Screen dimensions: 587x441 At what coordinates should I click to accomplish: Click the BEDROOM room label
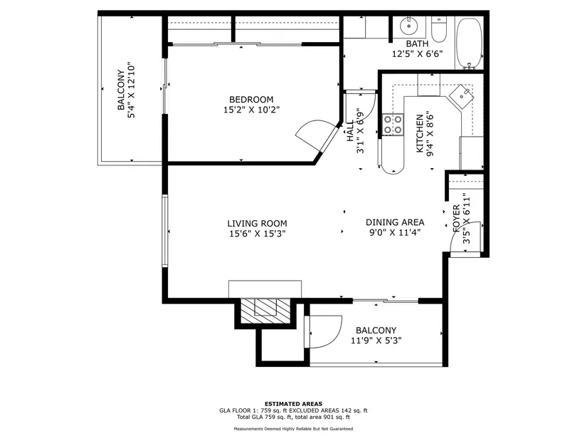(x=251, y=100)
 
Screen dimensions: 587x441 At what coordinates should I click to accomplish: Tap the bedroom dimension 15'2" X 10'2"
(x=252, y=110)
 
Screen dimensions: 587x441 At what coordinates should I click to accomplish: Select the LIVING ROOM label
(x=257, y=224)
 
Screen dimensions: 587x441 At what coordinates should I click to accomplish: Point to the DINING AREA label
(x=395, y=222)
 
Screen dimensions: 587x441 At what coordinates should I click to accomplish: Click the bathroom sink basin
(x=409, y=26)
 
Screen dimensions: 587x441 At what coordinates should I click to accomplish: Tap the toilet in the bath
(x=439, y=30)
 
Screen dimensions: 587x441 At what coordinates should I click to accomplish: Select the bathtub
(x=470, y=43)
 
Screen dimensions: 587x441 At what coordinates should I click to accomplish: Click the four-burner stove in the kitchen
(x=393, y=125)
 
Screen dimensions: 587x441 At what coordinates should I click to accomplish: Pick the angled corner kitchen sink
(x=462, y=96)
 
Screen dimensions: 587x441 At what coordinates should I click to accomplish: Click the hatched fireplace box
(x=265, y=311)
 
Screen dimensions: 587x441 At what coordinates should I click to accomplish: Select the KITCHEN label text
(x=420, y=133)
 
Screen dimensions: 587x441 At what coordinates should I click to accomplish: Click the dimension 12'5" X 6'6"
(x=417, y=54)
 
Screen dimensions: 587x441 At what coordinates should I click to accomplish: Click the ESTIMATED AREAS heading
(x=293, y=404)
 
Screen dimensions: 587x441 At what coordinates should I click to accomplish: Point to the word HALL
(x=350, y=131)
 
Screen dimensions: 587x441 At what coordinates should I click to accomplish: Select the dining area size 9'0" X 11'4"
(x=395, y=232)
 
